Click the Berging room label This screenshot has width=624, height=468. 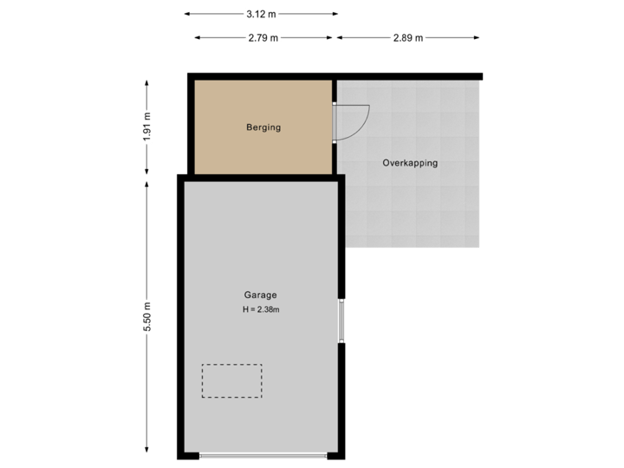point(263,127)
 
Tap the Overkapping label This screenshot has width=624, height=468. point(410,163)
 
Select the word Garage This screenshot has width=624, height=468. point(260,295)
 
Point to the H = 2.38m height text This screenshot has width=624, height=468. point(261,309)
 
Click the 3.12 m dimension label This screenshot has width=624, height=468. point(261,14)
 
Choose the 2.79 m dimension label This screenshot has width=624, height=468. point(263,38)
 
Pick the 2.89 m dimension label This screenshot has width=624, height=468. point(407,38)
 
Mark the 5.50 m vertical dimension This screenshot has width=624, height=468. point(147,316)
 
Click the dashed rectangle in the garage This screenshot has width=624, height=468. point(231,380)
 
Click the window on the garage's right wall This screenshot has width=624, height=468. point(342,321)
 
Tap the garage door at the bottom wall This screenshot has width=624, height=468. point(263,456)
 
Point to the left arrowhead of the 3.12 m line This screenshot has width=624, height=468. point(186,14)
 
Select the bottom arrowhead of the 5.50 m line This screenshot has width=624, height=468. point(147,452)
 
